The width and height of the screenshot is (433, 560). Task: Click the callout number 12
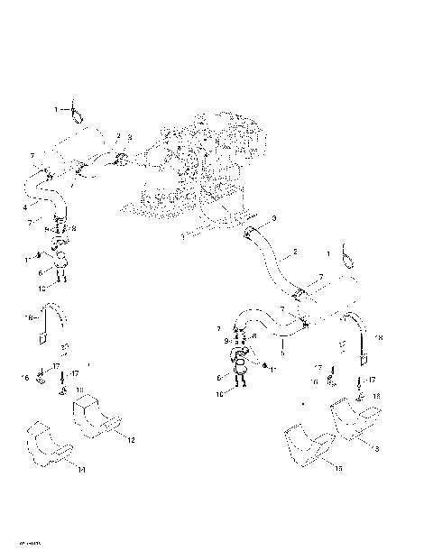click(x=131, y=439)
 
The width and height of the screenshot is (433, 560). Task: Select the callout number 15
click(x=338, y=469)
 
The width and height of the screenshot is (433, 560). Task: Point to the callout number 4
click(x=24, y=207)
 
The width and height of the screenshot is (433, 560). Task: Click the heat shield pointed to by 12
click(x=95, y=420)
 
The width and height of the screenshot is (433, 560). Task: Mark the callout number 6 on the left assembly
click(x=39, y=271)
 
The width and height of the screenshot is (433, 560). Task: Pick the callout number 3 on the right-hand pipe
click(x=274, y=219)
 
